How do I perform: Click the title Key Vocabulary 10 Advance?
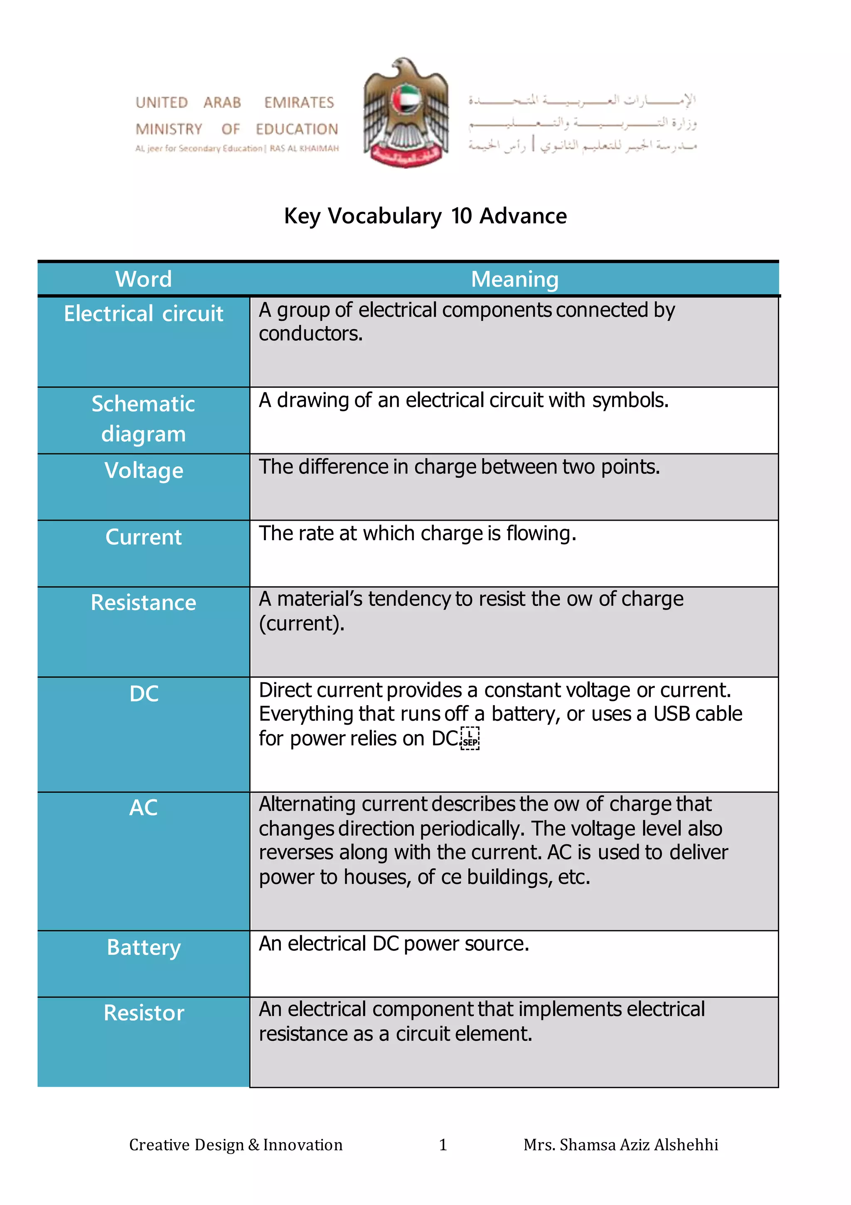click(425, 216)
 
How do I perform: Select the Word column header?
click(143, 279)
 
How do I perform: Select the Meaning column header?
click(514, 279)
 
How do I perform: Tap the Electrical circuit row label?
click(143, 313)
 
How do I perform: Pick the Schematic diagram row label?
click(143, 419)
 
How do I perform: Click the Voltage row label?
click(143, 470)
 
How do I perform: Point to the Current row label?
click(143, 537)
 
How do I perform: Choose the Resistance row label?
click(143, 602)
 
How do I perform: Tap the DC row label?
click(143, 694)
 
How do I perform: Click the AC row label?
click(143, 808)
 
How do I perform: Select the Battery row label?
click(143, 947)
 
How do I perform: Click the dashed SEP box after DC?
click(470, 738)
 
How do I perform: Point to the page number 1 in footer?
click(443, 1145)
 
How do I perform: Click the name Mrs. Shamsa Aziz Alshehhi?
click(620, 1145)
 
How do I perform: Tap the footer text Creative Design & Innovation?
click(236, 1145)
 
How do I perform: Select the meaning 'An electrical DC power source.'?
click(394, 944)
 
